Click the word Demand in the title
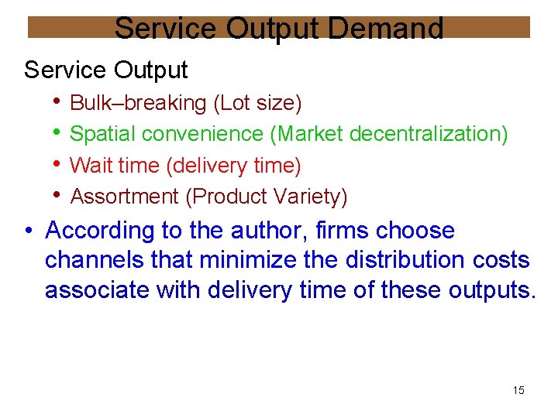386,29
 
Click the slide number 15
518,390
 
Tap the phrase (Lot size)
257,102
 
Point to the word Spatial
102,134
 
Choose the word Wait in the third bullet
91,166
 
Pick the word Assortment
125,197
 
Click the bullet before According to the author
29,230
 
